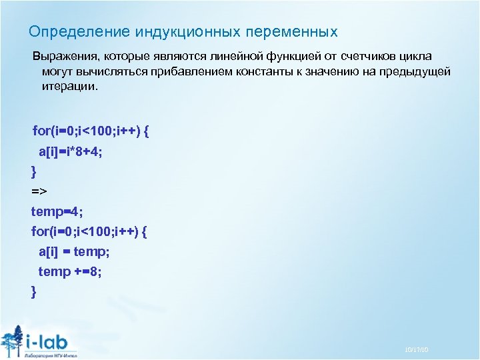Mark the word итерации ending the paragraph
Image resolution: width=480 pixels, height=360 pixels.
coord(67,87)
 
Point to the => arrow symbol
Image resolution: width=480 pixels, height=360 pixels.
coord(39,192)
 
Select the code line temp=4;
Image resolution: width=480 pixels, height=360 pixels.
coord(57,211)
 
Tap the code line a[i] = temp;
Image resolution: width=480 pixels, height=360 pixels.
coord(74,251)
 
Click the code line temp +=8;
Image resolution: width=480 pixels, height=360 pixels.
coord(70,271)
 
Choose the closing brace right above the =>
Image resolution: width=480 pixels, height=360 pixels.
coord(34,172)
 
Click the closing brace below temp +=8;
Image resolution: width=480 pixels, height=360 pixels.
coord(34,291)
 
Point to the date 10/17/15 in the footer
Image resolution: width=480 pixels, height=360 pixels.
coord(417,350)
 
